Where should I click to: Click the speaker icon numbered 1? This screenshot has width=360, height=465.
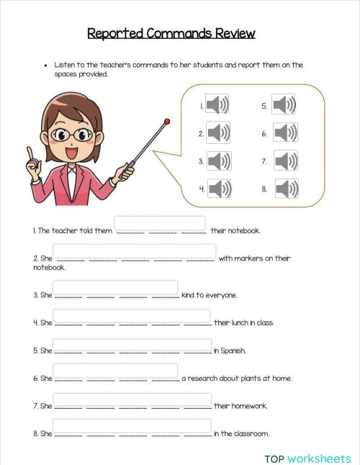pyautogui.click(x=217, y=106)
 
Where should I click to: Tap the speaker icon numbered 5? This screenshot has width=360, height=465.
pyautogui.click(x=283, y=105)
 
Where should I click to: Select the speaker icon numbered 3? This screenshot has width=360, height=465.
pyautogui.click(x=219, y=161)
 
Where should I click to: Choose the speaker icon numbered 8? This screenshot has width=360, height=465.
pyautogui.click(x=287, y=189)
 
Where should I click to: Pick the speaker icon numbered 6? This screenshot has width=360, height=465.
pyautogui.click(x=285, y=132)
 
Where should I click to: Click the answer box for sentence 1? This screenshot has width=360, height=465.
pyautogui.click(x=160, y=224)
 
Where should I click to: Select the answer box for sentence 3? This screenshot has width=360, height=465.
pyautogui.click(x=116, y=287)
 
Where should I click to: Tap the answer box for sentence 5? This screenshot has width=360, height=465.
pyautogui.click(x=132, y=344)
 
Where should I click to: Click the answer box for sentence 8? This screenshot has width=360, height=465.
pyautogui.click(x=132, y=426)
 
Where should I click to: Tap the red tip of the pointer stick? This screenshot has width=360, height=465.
pyautogui.click(x=167, y=121)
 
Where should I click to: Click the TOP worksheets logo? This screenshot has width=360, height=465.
pyautogui.click(x=307, y=459)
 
